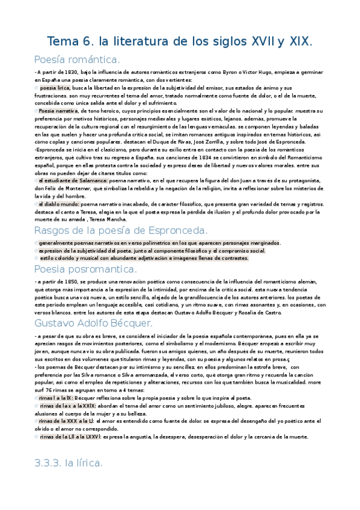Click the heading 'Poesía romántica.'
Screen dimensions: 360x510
coord(78,59)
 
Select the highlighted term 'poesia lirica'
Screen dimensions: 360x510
coord(55,88)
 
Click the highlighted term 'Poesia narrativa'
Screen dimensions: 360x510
coord(58,111)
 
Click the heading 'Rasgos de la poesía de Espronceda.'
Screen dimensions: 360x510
coord(121,230)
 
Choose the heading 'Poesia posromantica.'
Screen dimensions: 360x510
coord(85,269)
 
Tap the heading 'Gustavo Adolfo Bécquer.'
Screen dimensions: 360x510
coord(94,324)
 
